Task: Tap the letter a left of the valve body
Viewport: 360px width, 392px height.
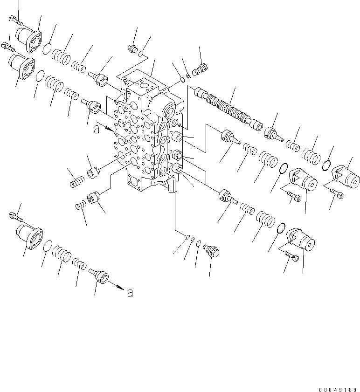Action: pyautogui.click(x=97, y=131)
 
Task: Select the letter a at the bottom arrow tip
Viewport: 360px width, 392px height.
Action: pyautogui.click(x=130, y=293)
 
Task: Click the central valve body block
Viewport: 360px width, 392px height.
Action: pyautogui.click(x=145, y=135)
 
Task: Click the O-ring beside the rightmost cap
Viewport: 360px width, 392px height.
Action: pyautogui.click(x=327, y=165)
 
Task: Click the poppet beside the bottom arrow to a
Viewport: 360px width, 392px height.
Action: pyautogui.click(x=99, y=275)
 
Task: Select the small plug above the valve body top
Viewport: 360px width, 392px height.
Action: pyautogui.click(x=132, y=48)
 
